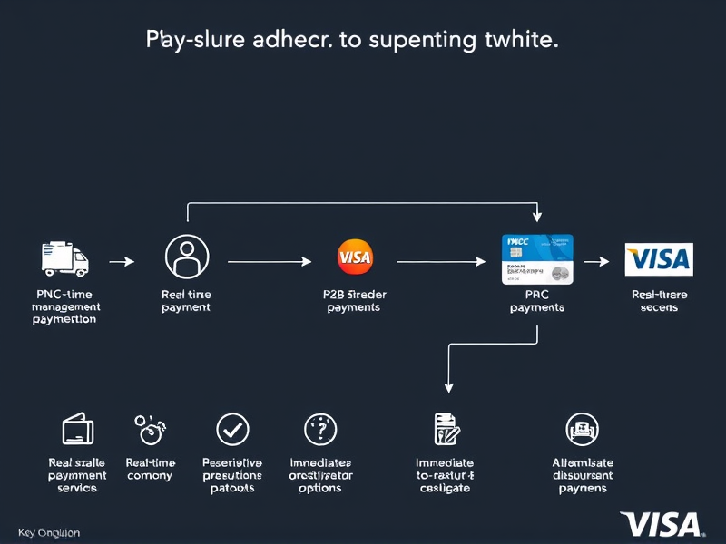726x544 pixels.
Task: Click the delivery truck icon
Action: tap(65, 259)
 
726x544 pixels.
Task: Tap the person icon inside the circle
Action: tap(186, 257)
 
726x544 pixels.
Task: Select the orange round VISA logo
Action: tap(354, 257)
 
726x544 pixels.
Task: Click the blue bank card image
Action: tap(537, 260)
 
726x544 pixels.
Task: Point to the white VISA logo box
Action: tap(659, 259)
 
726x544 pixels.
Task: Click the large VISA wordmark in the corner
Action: tap(662, 525)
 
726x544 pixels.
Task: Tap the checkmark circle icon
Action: tap(231, 429)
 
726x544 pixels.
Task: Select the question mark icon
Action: tap(319, 428)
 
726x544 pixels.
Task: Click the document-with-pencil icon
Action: tap(445, 429)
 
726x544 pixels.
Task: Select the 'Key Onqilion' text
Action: tap(49, 533)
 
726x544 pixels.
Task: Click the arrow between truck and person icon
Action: tap(122, 261)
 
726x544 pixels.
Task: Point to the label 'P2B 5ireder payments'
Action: tap(353, 301)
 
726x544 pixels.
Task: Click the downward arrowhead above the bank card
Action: tap(537, 217)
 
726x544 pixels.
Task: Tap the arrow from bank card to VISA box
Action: tap(596, 261)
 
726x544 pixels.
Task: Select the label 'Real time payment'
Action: tap(186, 301)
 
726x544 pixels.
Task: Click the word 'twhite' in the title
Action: tap(521, 41)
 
